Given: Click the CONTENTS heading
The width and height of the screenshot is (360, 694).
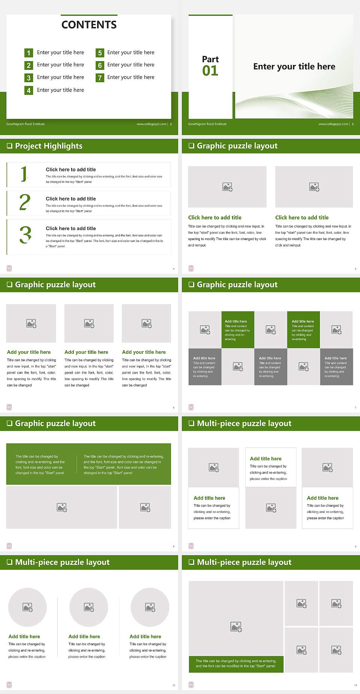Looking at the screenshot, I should click(x=89, y=25).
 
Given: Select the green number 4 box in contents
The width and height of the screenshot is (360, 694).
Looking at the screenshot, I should click(x=28, y=90).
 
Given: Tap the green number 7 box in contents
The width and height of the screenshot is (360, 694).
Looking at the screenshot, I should click(x=100, y=78).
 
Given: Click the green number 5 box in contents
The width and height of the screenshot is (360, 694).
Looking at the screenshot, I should click(x=100, y=53).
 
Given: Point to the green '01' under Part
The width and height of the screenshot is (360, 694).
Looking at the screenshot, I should click(x=210, y=71).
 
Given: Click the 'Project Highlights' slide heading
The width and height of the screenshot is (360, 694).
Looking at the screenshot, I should click(x=48, y=146).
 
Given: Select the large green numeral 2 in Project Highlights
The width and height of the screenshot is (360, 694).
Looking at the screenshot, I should click(x=25, y=203).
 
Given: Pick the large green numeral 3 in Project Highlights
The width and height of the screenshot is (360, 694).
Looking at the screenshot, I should click(x=25, y=235).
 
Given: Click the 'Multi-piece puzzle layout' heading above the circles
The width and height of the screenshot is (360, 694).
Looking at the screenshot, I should click(x=62, y=562).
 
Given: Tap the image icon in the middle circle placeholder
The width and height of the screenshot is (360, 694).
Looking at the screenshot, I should click(x=89, y=607).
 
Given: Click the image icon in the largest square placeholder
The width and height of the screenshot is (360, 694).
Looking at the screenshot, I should click(x=236, y=627).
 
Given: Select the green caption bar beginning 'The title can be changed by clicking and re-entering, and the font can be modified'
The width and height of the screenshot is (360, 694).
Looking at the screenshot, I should click(x=236, y=664).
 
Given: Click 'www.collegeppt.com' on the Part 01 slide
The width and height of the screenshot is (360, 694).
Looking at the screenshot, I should click(x=333, y=124).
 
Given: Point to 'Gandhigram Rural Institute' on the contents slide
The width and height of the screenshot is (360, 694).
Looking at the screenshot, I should click(x=25, y=124).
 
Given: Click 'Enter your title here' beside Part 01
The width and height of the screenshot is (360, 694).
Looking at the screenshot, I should click(x=294, y=67).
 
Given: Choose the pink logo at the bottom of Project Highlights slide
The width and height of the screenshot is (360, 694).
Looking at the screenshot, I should click(x=9, y=268).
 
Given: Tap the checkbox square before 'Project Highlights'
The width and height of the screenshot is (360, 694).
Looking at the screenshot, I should click(x=9, y=146).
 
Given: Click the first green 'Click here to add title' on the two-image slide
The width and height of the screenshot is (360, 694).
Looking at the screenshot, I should click(x=214, y=218).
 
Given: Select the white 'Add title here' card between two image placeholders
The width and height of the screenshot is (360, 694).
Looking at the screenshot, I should click(x=271, y=467).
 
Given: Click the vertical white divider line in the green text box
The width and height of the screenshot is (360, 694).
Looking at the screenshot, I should click(x=77, y=464).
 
